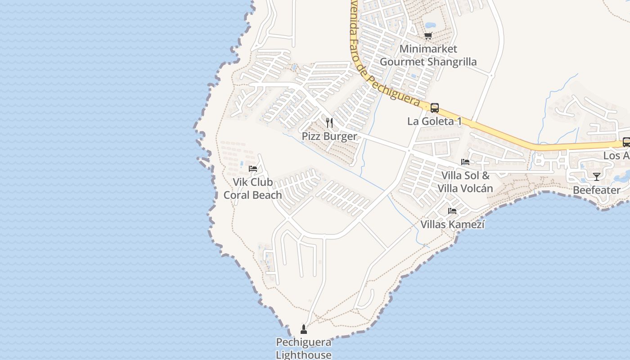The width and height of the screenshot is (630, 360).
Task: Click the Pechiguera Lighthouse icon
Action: click(x=304, y=329)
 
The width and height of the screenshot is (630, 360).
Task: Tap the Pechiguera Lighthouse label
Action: click(x=304, y=349)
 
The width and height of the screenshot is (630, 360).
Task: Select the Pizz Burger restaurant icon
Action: click(x=329, y=122)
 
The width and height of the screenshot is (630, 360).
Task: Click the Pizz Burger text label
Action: click(x=329, y=136)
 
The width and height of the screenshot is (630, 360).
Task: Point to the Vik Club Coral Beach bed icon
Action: click(x=253, y=169)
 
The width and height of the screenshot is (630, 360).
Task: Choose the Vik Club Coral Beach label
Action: click(x=253, y=189)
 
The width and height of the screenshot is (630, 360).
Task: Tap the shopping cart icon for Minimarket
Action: click(x=428, y=36)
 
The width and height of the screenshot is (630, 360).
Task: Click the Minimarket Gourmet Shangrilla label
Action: click(x=428, y=55)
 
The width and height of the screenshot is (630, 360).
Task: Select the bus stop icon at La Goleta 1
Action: click(x=434, y=108)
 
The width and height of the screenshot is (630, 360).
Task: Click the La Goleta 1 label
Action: click(x=434, y=121)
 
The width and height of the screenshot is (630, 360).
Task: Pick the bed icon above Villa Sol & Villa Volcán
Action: click(x=465, y=162)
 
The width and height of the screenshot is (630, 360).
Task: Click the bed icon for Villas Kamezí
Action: click(x=452, y=211)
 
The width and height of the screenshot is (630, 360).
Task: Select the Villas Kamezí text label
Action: click(x=452, y=224)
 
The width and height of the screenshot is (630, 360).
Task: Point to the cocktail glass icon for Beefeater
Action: click(x=597, y=176)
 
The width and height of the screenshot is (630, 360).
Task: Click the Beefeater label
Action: click(x=597, y=190)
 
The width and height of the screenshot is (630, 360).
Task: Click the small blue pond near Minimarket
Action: click(x=430, y=25)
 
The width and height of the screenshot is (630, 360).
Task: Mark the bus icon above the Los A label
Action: click(x=626, y=142)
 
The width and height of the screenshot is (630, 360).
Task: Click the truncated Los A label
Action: click(x=616, y=156)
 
